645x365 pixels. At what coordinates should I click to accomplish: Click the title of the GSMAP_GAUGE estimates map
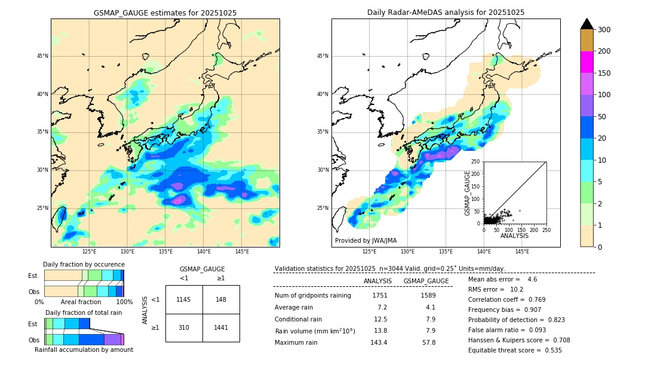pyautogui.click(x=165, y=13)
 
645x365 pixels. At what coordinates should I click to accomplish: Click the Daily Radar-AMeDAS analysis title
pyautogui.click(x=446, y=13)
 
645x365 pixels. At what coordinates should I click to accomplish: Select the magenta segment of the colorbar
pyautogui.click(x=586, y=62)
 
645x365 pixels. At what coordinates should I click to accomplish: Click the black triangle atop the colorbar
pyautogui.click(x=586, y=24)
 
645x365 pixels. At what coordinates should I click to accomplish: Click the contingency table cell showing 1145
pyautogui.click(x=184, y=299)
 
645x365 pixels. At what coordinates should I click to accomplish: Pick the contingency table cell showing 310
pyautogui.click(x=184, y=328)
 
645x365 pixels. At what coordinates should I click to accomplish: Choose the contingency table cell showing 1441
pyautogui.click(x=221, y=328)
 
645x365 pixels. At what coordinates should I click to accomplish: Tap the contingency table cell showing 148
pyautogui.click(x=221, y=299)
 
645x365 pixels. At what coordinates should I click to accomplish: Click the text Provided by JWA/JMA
pyautogui.click(x=365, y=241)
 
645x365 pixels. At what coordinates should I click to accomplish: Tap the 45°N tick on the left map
pyautogui.click(x=42, y=57)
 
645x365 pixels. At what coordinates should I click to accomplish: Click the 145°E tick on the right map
pyautogui.click(x=522, y=252)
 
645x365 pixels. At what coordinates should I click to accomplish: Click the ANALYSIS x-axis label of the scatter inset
pyautogui.click(x=514, y=236)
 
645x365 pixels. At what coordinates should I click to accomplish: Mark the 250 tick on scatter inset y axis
pyautogui.click(x=476, y=162)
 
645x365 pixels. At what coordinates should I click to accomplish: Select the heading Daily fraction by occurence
pyautogui.click(x=84, y=264)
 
